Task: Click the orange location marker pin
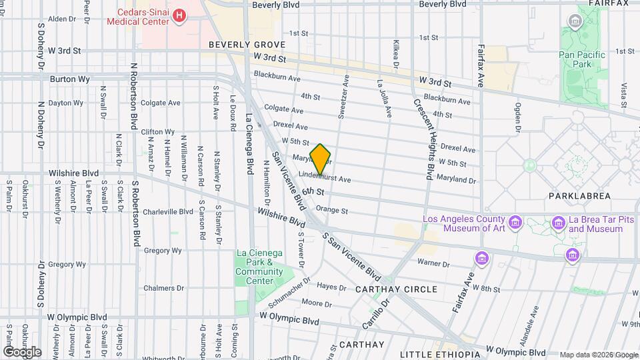(x=320, y=159)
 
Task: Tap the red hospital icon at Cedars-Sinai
(x=179, y=15)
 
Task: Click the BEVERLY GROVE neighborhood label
(x=247, y=45)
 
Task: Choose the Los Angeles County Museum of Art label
(x=465, y=224)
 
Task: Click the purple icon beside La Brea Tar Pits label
(x=559, y=223)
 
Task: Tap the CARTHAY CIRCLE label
(x=396, y=289)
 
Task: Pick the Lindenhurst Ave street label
(x=325, y=179)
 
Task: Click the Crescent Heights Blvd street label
(x=424, y=140)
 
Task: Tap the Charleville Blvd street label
(x=167, y=211)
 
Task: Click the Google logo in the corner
(x=22, y=352)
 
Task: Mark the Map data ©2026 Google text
(x=598, y=355)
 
